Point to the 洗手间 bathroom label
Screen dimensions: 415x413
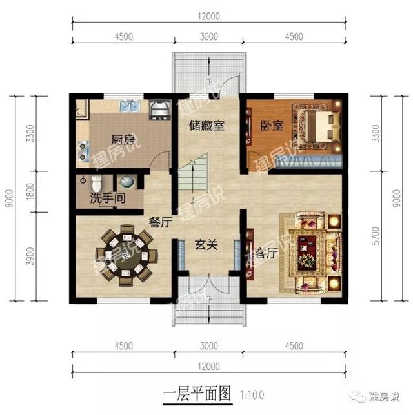(x=108, y=199)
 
